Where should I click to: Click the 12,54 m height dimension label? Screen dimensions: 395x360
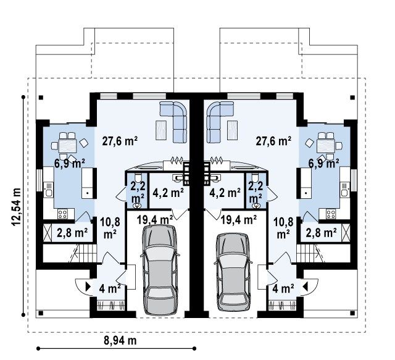[16, 207]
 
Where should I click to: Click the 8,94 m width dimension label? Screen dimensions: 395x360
[120, 341]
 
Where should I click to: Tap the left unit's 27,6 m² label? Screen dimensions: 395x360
[120, 141]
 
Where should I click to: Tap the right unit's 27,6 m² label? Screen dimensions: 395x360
[273, 141]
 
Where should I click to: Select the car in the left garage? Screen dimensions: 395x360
[159, 270]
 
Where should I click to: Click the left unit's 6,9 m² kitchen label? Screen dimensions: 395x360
[70, 164]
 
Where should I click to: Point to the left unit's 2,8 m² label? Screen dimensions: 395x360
[72, 233]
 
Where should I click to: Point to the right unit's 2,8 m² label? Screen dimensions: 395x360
[321, 233]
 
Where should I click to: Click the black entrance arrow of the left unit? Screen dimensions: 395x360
[88, 287]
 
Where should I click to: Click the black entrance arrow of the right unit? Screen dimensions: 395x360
[306, 287]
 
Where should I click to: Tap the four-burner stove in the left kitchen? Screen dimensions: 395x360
[62, 214]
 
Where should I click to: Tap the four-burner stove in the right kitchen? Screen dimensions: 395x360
[331, 214]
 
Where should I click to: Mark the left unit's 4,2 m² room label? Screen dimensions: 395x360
[168, 193]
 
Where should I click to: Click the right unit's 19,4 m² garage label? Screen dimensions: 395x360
[239, 220]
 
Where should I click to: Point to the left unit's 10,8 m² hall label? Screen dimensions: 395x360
[110, 228]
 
